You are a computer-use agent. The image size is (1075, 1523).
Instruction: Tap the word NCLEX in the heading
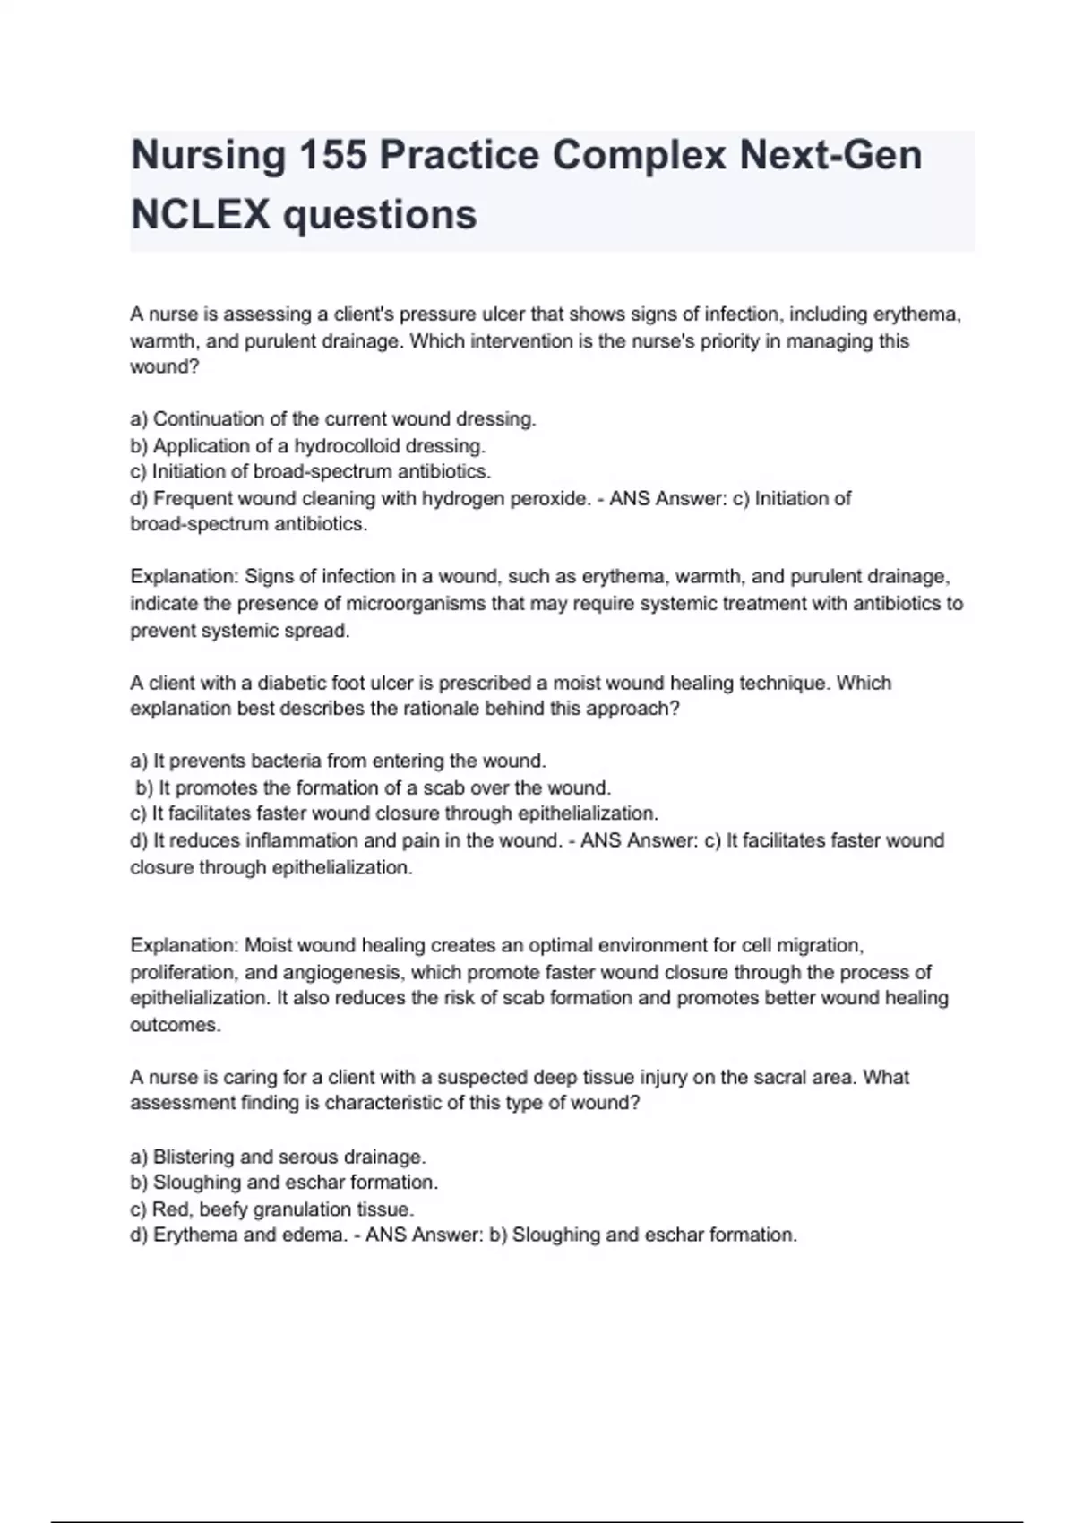200,215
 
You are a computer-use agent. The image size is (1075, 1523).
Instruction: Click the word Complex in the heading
639,156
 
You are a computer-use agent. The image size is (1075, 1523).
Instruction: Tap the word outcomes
175,1026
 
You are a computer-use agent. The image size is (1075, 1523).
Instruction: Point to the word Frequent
191,499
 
